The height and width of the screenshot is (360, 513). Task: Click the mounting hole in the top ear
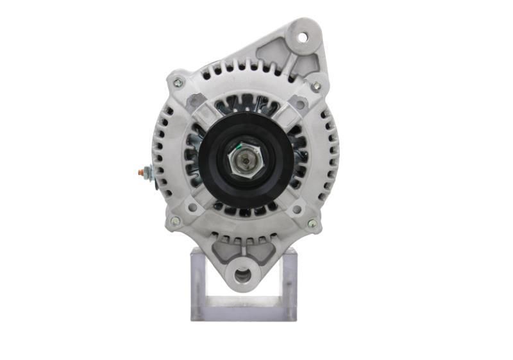point(301,37)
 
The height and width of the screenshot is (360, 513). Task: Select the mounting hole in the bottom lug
point(242,276)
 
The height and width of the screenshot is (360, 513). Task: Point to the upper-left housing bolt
point(178,82)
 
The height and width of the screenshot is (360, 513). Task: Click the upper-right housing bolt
point(315,85)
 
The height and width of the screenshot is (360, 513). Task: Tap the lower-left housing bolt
point(174,221)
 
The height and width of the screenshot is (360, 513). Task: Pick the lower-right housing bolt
point(312,224)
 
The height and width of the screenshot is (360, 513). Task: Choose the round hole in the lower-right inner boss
point(296,209)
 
